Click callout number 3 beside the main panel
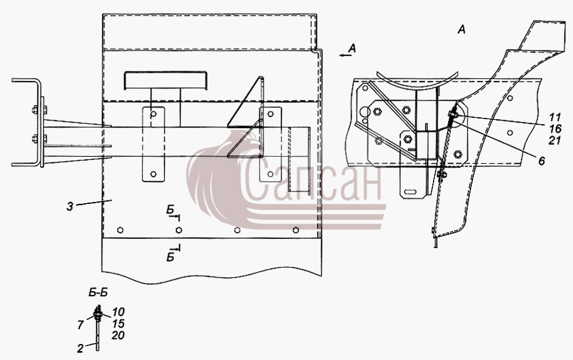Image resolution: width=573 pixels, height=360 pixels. [70, 206]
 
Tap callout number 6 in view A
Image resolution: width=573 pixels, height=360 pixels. [542, 161]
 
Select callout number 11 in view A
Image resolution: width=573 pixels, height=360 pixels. [555, 117]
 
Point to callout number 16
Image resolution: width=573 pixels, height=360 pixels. [555, 129]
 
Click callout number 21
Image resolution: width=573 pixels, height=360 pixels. [555, 140]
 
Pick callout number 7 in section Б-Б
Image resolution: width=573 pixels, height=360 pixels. [81, 324]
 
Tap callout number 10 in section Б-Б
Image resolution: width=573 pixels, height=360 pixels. [118, 312]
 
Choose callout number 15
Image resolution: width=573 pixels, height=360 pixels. [118, 324]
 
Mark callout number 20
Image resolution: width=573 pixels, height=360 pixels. [118, 335]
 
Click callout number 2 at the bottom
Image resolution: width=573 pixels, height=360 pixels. [80, 349]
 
